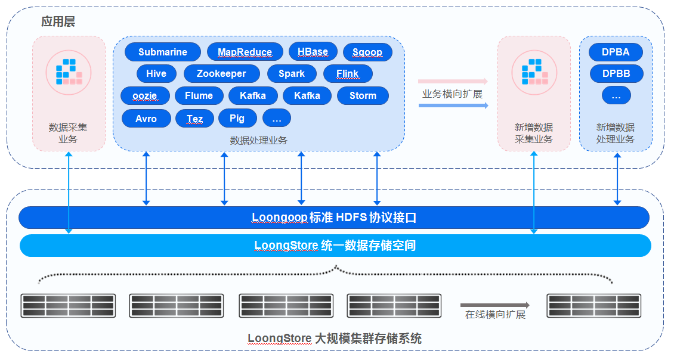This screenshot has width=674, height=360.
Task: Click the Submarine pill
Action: [162, 52]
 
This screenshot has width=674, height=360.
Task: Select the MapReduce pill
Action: [245, 52]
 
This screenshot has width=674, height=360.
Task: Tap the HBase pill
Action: [313, 51]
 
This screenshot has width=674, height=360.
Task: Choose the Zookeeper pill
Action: [221, 73]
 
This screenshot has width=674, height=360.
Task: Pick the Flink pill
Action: [348, 73]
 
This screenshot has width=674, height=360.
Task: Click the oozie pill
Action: [145, 95]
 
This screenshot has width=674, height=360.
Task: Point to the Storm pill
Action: [363, 95]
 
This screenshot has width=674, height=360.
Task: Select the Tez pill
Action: [194, 119]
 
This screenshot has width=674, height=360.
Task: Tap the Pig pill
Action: [237, 118]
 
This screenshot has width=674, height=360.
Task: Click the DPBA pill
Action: [616, 52]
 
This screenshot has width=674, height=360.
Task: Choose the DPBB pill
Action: [616, 73]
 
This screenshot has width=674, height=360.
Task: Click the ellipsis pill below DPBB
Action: [616, 95]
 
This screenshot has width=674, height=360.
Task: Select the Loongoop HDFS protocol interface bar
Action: [334, 218]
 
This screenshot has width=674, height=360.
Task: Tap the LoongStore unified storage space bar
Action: [335, 246]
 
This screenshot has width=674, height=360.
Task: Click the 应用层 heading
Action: [58, 21]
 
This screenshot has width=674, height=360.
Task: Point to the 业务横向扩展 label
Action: [452, 94]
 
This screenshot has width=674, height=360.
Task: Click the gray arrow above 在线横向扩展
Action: [494, 305]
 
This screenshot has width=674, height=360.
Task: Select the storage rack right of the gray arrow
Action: [593, 305]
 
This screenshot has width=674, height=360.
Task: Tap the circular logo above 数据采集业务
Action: [69, 72]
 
